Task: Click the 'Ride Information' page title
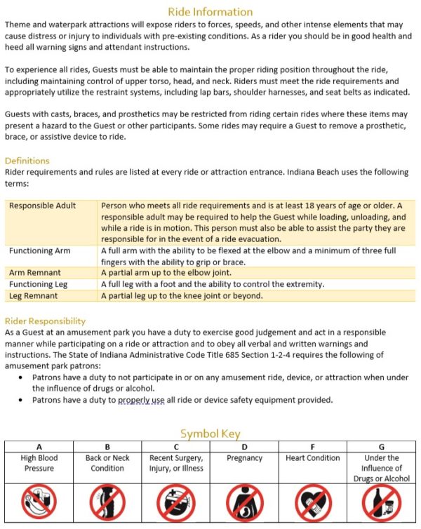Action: pos(210,11)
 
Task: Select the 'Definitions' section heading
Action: pos(27,161)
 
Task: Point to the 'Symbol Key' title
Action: pos(210,434)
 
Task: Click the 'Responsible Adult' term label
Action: pos(42,206)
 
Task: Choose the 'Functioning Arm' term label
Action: pos(40,250)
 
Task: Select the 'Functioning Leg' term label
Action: pos(39,284)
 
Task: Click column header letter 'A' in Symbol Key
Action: pos(39,447)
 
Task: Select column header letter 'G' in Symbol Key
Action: pos(381,447)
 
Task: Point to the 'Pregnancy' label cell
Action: pos(244,458)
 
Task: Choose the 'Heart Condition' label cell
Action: pos(312,458)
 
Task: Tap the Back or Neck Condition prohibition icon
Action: pos(107,503)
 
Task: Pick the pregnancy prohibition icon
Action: pos(244,503)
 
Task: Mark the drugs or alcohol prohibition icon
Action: pos(381,503)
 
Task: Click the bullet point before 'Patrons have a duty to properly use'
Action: pos(22,401)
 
